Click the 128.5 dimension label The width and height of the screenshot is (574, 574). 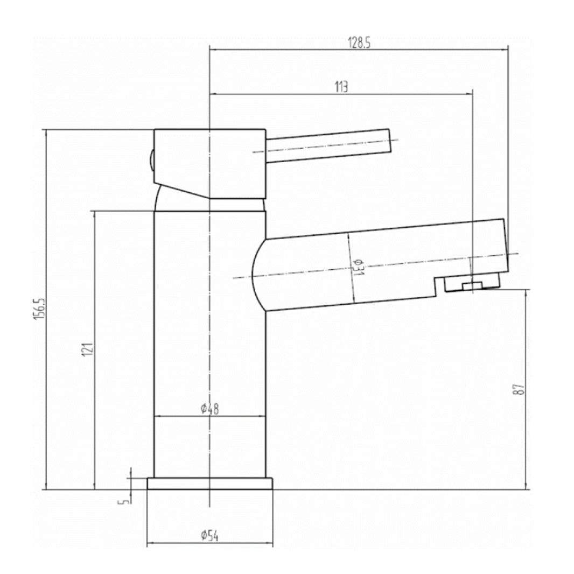(x=359, y=44)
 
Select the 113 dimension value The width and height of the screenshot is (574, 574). (x=341, y=87)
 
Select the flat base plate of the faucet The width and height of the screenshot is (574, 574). (x=210, y=484)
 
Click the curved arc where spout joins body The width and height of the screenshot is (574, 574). (x=255, y=275)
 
